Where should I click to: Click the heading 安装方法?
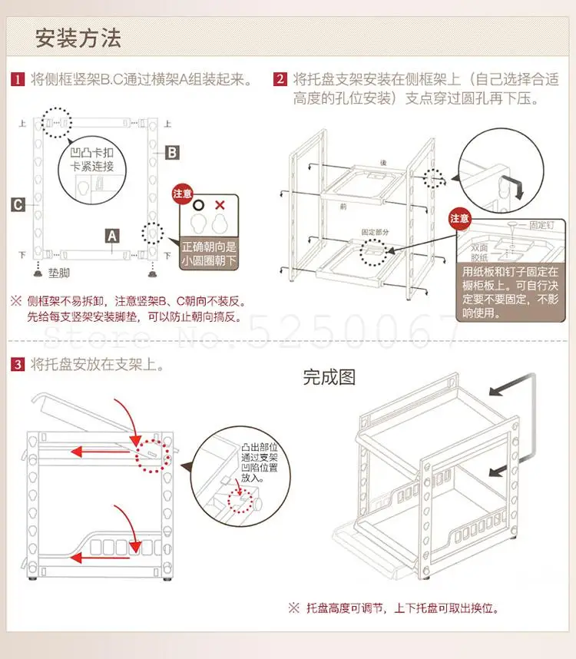[78, 38]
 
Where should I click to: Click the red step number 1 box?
[16, 79]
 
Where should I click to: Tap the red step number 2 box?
[280, 79]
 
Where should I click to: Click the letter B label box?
[173, 153]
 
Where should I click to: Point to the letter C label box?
[17, 204]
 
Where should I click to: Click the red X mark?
[220, 205]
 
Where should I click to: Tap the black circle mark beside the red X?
[198, 205]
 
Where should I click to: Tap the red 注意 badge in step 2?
[459, 218]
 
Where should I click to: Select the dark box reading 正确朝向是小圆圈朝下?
[209, 254]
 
